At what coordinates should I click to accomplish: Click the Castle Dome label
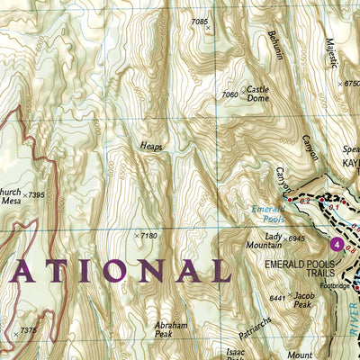tap(258, 94)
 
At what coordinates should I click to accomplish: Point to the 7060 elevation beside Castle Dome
tap(229, 94)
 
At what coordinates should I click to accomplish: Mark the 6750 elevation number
tap(350, 83)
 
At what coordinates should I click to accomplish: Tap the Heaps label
tap(151, 145)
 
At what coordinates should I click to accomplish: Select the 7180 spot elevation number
tap(148, 236)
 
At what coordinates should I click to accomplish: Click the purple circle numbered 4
tap(337, 244)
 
